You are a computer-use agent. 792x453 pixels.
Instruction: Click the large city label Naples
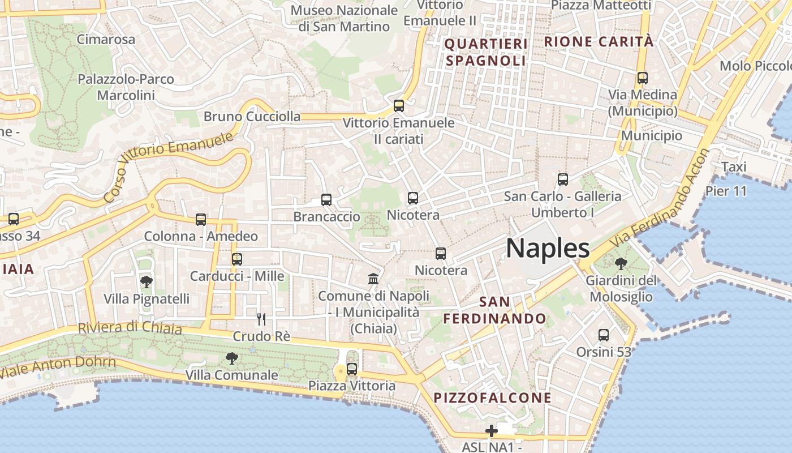point(548,249)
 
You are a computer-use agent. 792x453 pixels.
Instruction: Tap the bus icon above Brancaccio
point(326,199)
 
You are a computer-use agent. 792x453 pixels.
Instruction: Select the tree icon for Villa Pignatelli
point(146,281)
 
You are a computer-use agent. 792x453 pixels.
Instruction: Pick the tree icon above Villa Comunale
point(231,358)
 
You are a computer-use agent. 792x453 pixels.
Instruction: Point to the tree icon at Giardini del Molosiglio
point(621,263)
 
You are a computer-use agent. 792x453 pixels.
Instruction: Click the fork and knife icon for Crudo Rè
point(261,319)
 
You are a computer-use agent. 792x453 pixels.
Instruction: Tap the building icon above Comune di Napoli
point(373,279)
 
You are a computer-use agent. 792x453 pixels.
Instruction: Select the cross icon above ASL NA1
point(491,431)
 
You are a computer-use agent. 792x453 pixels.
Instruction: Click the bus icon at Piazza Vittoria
point(352,369)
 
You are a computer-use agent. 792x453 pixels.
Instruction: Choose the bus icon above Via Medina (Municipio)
point(642,78)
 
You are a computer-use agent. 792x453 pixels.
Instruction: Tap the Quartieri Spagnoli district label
point(486,52)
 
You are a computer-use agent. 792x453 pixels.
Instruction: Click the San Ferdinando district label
point(494,310)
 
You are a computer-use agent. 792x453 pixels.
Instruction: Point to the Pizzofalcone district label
point(492,398)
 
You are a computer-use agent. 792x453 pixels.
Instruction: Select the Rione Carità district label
point(599,41)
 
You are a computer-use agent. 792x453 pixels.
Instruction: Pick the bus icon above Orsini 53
point(604,335)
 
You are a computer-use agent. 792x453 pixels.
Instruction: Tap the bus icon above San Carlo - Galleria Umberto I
point(562,180)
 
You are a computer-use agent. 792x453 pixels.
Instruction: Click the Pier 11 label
point(726,191)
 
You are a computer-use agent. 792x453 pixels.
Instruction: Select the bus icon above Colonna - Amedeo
point(201,219)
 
